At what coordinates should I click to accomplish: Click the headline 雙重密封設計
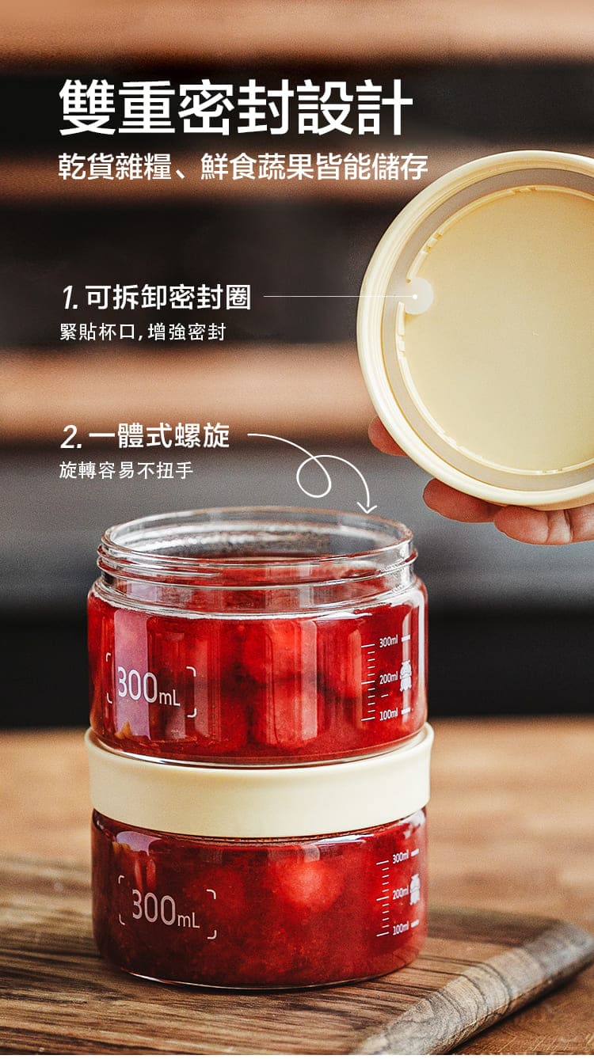[236, 107]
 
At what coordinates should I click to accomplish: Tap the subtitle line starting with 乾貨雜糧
[243, 167]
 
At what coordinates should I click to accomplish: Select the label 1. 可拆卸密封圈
[157, 298]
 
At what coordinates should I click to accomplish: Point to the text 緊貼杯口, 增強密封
[143, 332]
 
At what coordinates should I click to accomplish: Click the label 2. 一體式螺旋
[145, 436]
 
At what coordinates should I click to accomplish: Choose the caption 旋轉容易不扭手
[126, 470]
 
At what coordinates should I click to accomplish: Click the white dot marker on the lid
[415, 297]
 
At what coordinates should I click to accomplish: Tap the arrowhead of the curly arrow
[367, 508]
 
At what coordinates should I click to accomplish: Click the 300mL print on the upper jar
[150, 687]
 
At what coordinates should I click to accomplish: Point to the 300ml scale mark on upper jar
[388, 642]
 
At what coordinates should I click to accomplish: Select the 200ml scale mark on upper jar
[388, 678]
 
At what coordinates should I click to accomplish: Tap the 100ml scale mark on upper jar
[388, 714]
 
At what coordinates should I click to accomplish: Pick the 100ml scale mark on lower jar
[401, 928]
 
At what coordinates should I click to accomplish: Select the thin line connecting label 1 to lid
[337, 297]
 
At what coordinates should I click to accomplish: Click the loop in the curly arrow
[314, 476]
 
